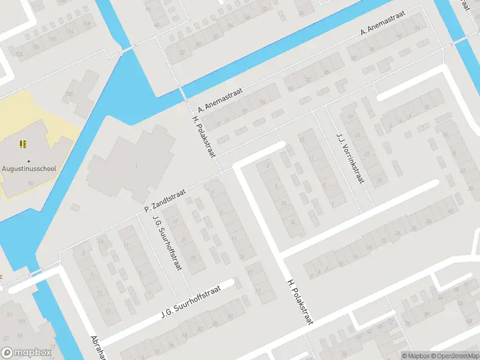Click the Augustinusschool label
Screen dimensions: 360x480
coord(29,169)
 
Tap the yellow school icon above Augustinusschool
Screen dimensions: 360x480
coord(23,144)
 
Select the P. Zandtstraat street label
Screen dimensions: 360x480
coord(165,200)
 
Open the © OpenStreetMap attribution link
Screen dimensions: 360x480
coord(455,356)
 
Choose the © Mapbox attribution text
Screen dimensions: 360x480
coord(416,356)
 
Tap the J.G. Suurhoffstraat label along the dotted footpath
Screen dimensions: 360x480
coord(167,242)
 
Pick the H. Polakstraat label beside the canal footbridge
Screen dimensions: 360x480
coord(203,136)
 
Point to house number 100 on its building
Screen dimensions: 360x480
coord(68,94)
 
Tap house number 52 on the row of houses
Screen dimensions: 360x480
coord(181,52)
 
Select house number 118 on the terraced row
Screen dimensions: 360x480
coord(88,24)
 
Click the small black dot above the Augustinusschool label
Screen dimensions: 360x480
coord(28,160)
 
